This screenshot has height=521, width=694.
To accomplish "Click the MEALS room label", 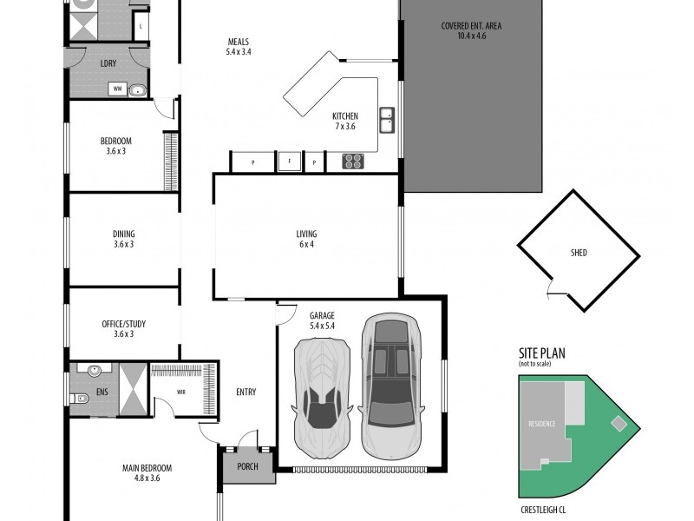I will click(x=239, y=42).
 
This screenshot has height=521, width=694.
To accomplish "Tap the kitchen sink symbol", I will click(x=387, y=118).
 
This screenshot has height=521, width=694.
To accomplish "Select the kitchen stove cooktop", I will click(x=354, y=161).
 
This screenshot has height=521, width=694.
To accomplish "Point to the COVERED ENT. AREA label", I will click(x=472, y=26).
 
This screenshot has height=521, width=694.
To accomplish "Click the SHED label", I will click(x=579, y=253).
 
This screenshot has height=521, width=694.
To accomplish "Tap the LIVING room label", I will click(x=306, y=234).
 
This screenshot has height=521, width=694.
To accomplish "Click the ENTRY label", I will click(x=246, y=392).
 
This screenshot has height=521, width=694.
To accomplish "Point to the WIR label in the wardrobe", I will click(x=181, y=392).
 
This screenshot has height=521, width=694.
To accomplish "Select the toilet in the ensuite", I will click(x=80, y=400).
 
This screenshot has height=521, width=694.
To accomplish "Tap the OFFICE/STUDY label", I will click(x=123, y=324).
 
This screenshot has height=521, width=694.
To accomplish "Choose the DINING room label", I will click(x=123, y=234).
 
